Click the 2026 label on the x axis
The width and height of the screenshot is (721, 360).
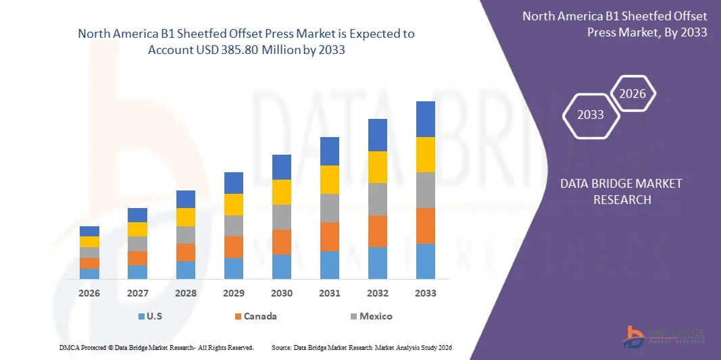coord(89,293)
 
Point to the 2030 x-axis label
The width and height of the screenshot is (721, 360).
coord(282,293)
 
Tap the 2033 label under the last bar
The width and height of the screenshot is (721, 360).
coord(426,293)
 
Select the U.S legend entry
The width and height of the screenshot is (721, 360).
coord(151,316)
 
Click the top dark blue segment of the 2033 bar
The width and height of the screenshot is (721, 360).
coord(426,119)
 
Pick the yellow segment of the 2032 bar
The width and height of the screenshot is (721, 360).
coord(378,167)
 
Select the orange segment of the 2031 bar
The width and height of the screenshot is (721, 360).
coord(330,236)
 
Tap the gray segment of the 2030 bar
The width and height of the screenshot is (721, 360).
coord(282,217)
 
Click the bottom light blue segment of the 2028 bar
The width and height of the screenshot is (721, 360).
coord(186,269)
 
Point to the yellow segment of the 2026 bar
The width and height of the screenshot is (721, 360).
coord(89,241)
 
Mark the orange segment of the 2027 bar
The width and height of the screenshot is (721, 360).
coord(138,258)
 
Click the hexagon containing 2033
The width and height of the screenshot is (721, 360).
coord(591,115)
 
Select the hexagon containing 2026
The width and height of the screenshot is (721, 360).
coord(633,94)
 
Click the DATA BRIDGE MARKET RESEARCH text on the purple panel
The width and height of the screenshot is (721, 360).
coord(622,191)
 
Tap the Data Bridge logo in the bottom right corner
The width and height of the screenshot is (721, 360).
coord(666,336)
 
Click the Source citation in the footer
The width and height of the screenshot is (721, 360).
coord(362,347)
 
